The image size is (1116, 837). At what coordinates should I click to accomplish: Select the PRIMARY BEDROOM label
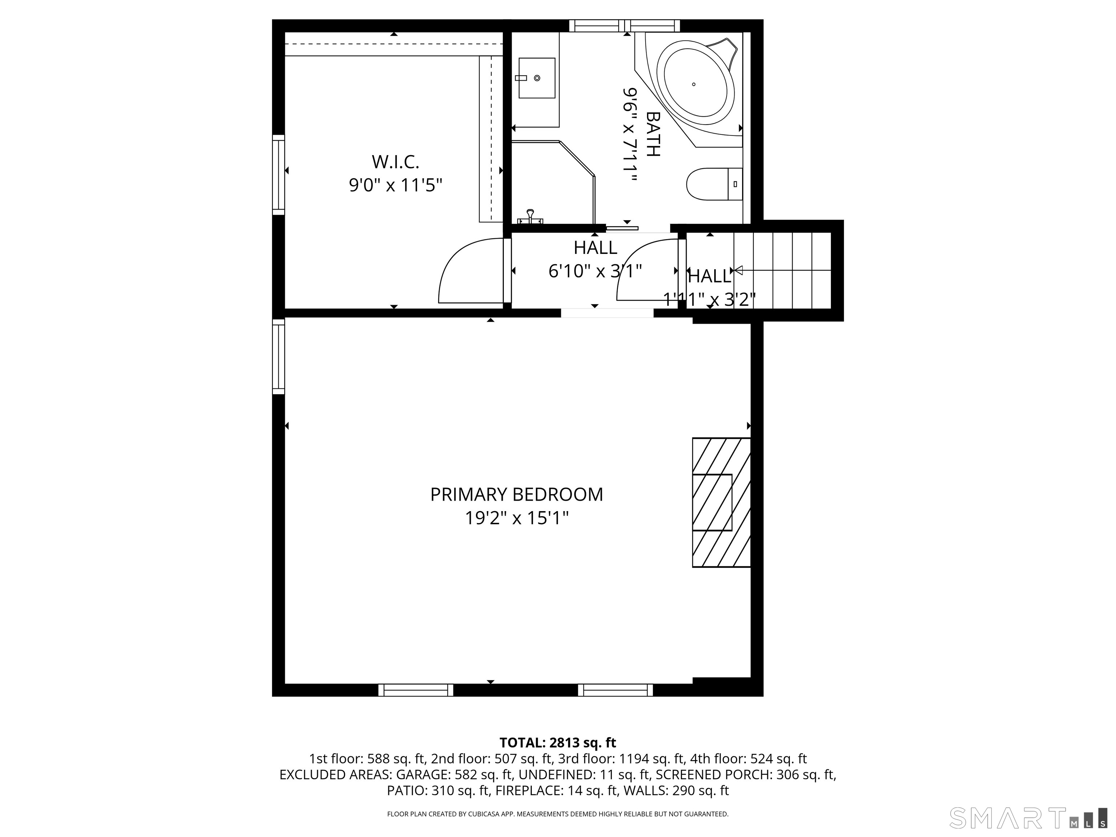pyautogui.click(x=516, y=494)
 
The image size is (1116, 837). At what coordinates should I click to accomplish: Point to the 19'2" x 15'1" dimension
pyautogui.click(x=516, y=518)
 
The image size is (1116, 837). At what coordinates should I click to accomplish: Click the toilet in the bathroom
pyautogui.click(x=713, y=184)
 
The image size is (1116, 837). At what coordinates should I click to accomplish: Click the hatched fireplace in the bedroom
pyautogui.click(x=720, y=502)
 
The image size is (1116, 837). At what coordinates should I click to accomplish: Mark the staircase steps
pyautogui.click(x=782, y=270)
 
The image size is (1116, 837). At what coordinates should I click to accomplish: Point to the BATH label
pyautogui.click(x=652, y=134)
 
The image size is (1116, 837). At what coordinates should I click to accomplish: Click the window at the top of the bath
pyautogui.click(x=624, y=26)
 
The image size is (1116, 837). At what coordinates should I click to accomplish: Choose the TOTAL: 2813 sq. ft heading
pyautogui.click(x=558, y=743)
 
